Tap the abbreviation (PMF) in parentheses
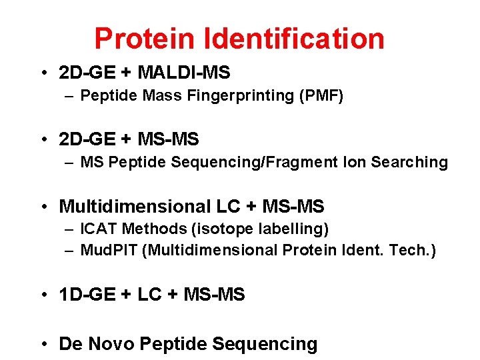[x=321, y=96]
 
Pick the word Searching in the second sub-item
[x=409, y=162]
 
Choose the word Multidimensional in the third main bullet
[x=140, y=207]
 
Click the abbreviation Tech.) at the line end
[x=413, y=251]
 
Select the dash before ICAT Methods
[x=70, y=229]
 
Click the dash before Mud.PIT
[x=70, y=251]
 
